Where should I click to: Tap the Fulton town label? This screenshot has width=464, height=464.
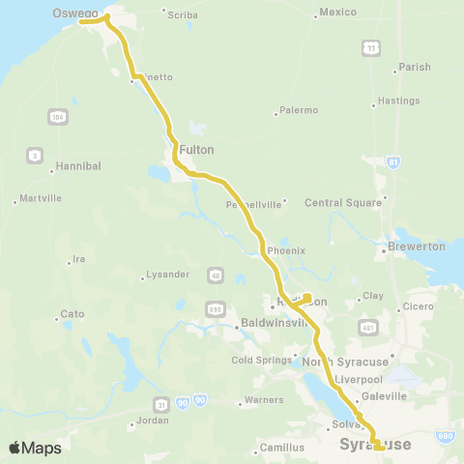click(195, 150)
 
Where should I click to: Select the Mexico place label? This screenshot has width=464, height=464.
click(338, 13)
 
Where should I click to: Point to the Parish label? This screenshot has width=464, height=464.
click(414, 68)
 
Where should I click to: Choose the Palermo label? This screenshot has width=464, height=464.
click(298, 110)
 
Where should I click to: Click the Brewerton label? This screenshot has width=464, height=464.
click(417, 246)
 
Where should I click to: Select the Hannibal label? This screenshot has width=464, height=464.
click(78, 166)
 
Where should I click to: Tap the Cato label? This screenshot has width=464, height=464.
click(72, 314)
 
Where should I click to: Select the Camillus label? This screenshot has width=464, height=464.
click(281, 448)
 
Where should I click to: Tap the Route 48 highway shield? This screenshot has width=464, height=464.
click(213, 276)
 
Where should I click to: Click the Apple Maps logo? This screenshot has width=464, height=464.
click(35, 448)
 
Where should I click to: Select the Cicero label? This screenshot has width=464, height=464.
click(419, 307)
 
